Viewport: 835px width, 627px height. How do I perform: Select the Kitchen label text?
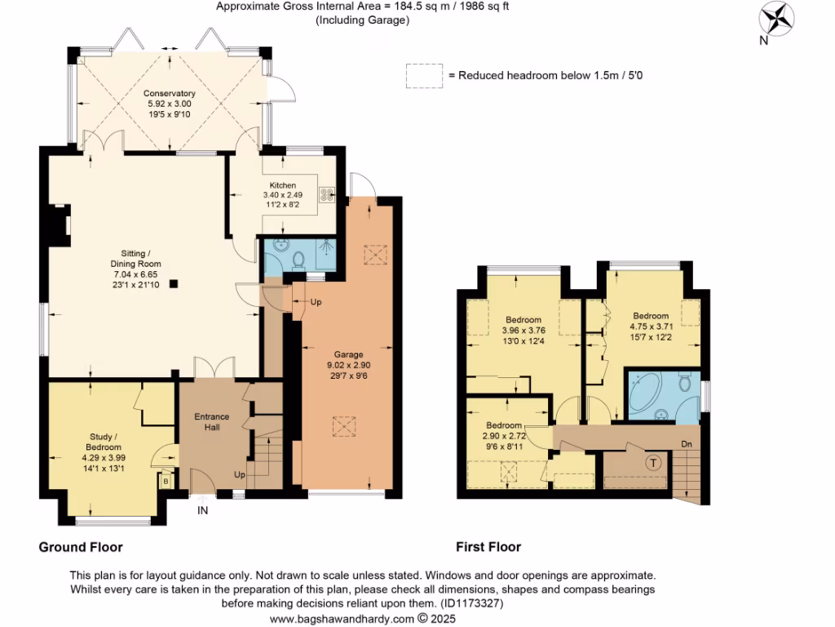point(279,185)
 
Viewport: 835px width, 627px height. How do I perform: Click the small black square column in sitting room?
point(173,284)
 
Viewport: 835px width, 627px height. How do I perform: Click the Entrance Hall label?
point(211,422)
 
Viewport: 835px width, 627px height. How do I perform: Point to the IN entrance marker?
point(202,511)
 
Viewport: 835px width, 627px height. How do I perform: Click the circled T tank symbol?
point(652,463)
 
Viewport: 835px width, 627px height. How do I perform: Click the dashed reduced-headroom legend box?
point(422,76)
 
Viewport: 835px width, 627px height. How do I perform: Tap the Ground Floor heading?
point(81,547)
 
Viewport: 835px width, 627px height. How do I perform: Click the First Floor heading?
point(488,547)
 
